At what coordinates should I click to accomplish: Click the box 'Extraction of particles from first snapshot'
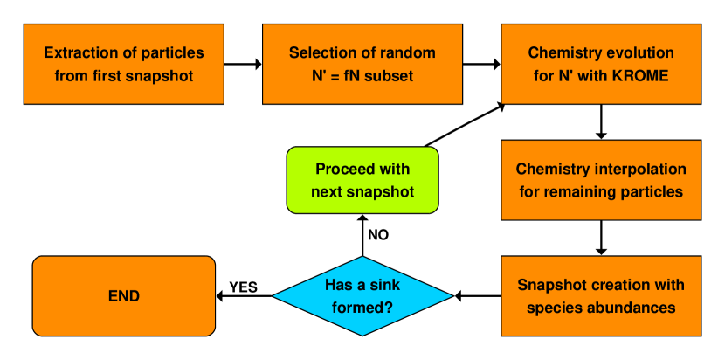coord(123,64)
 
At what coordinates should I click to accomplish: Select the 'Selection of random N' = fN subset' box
coord(362,64)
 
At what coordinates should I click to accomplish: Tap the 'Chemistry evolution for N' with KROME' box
coord(600,64)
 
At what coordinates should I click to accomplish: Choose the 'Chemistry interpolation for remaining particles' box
coord(600,178)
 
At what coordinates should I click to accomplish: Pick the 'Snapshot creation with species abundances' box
coord(600,295)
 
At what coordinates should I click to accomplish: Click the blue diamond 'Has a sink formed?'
coord(362,295)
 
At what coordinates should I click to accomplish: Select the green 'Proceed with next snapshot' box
coord(362,179)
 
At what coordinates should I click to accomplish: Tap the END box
coord(123,295)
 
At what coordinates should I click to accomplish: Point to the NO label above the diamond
coord(378,235)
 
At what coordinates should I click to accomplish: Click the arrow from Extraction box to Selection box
coord(243,64)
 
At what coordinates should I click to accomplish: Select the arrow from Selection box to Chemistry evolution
coord(480,64)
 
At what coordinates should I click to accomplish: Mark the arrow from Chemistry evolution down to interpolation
coord(600,122)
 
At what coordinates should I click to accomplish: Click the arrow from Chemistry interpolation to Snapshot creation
coord(600,237)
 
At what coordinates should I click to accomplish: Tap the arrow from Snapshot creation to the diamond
coord(478,295)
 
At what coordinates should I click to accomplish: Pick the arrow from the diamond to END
coord(245,296)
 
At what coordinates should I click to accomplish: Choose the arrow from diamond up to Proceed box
coord(362,235)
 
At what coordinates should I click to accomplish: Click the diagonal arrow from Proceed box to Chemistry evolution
coord(466,123)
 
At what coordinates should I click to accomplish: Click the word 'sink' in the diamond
coord(378,286)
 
